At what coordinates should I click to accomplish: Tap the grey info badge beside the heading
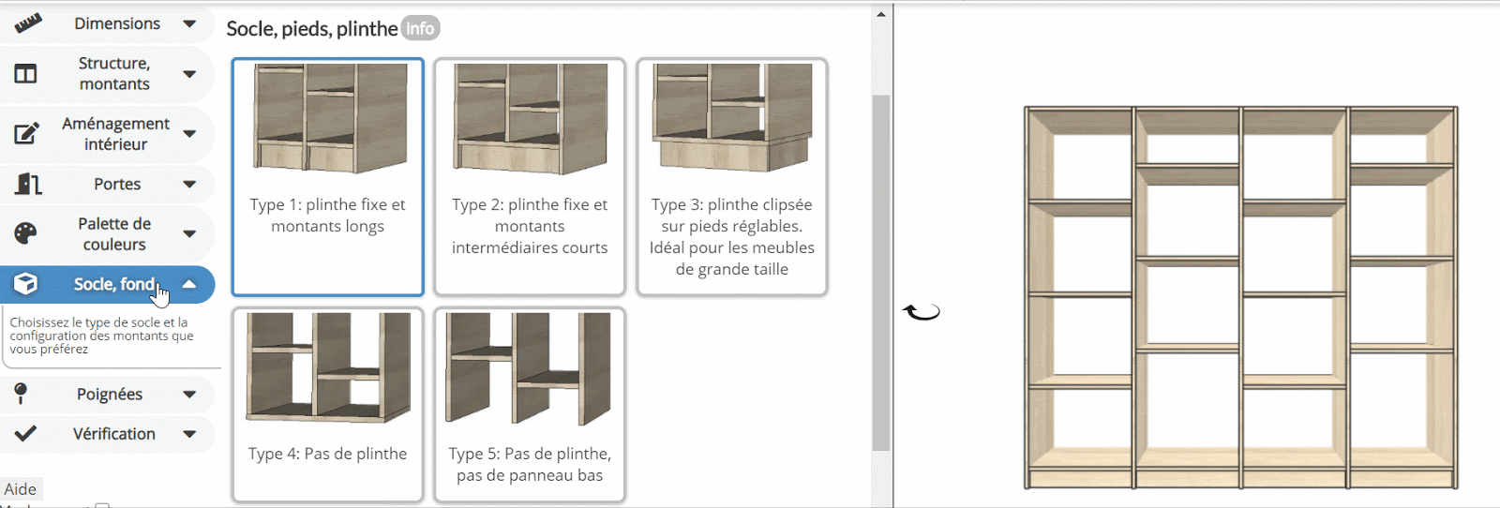tap(420, 29)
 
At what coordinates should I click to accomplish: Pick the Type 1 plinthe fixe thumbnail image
tap(329, 118)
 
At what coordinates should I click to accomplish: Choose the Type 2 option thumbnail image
tap(531, 118)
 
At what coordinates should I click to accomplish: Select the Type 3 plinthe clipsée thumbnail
tap(732, 117)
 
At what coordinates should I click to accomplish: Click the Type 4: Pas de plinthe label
tap(327, 454)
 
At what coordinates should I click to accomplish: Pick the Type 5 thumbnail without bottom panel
tap(529, 368)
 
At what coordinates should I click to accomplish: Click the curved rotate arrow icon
tap(922, 312)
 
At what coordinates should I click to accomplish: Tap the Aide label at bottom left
tap(20, 489)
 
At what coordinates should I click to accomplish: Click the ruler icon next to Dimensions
tap(28, 24)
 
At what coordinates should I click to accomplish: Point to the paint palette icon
tap(25, 233)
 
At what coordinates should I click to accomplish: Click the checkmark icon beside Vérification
tap(25, 434)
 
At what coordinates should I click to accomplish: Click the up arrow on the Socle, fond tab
tap(189, 284)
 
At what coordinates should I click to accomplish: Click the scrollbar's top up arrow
tap(881, 14)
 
